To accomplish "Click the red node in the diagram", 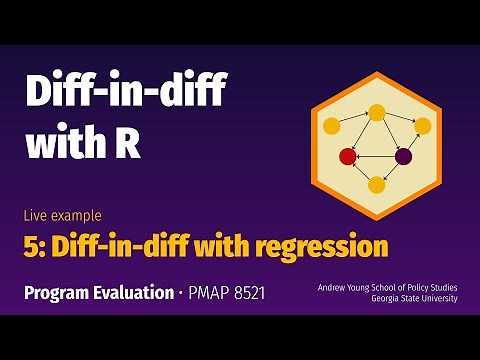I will click(x=348, y=156).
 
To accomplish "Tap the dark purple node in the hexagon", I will click(x=403, y=156).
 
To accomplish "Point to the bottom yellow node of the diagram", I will click(x=376, y=184).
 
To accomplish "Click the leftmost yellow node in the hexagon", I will click(x=331, y=126).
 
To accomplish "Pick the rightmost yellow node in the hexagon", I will click(x=422, y=126).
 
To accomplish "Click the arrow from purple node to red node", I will click(x=375, y=156).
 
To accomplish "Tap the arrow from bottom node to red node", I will click(x=362, y=170).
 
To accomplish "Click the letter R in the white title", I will click(x=128, y=146).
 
